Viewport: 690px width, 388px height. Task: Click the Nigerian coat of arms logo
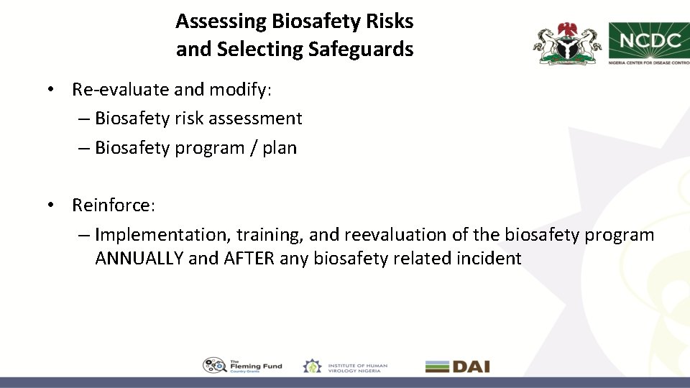click(566, 44)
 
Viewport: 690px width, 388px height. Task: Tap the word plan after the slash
click(280, 148)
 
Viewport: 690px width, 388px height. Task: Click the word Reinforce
click(112, 205)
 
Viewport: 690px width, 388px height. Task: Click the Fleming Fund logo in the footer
click(242, 366)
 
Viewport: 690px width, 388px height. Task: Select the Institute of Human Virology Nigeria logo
click(345, 366)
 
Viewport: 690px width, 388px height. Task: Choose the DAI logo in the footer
click(457, 366)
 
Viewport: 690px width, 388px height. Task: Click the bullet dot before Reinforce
click(52, 205)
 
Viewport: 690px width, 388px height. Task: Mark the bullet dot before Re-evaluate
click(52, 90)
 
